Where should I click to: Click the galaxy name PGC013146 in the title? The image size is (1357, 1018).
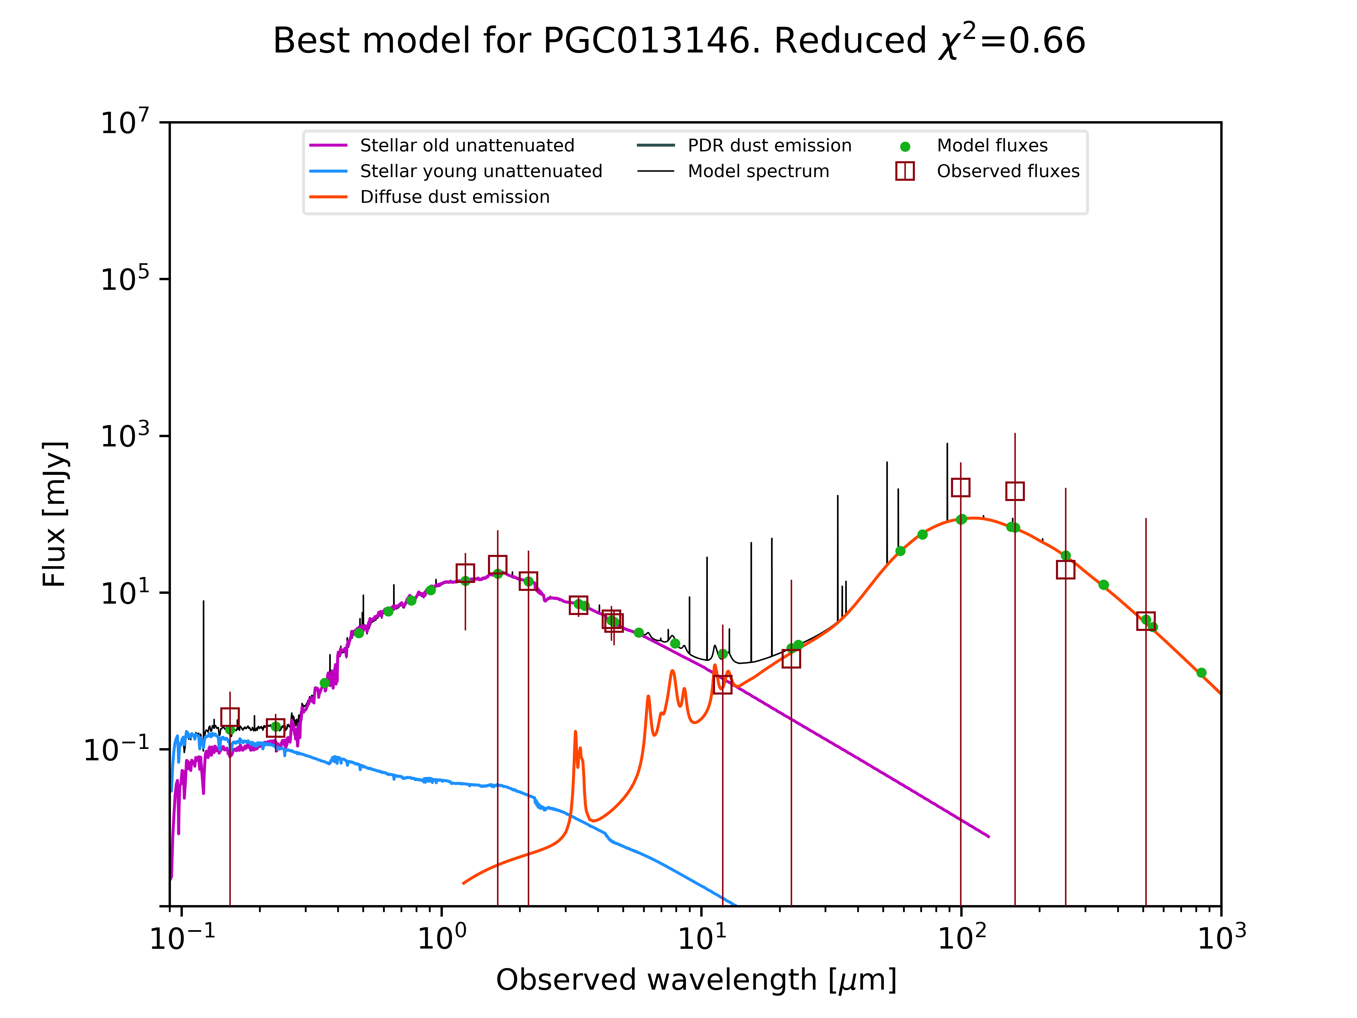tap(647, 41)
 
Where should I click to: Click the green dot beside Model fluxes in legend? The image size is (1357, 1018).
tap(905, 147)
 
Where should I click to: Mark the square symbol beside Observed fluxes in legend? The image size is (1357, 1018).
tap(905, 171)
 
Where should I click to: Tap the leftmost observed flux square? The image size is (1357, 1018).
tap(230, 717)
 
